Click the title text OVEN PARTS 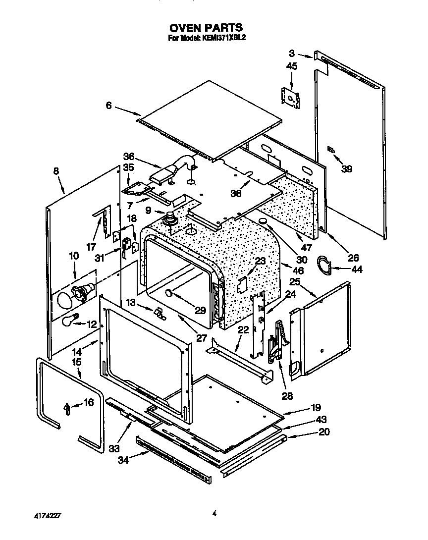click(x=207, y=28)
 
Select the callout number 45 click(x=292, y=66)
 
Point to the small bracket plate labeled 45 click(x=290, y=96)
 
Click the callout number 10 click(x=74, y=256)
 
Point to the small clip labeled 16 click(x=66, y=408)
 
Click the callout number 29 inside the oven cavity click(x=200, y=311)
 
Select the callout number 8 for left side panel click(x=56, y=171)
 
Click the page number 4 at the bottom click(x=214, y=514)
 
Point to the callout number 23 click(x=260, y=261)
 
